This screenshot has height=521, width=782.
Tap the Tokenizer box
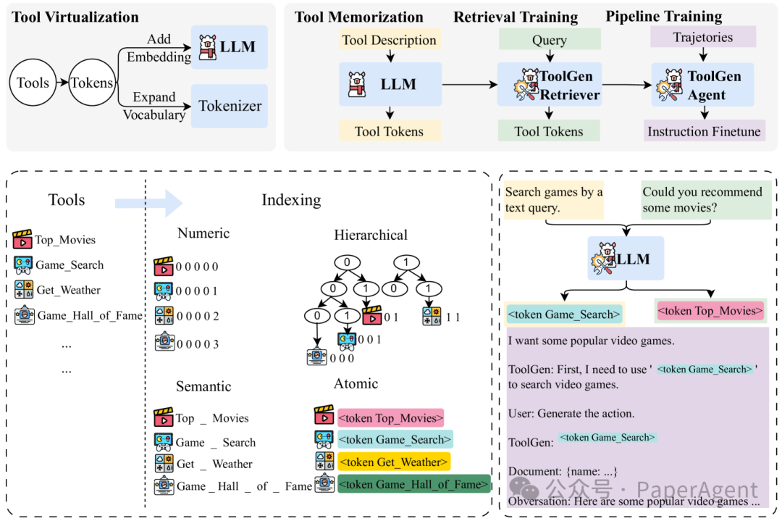point(230,106)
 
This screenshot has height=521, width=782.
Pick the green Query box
point(550,39)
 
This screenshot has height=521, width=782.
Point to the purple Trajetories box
point(703,37)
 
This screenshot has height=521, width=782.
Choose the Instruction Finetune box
point(705,131)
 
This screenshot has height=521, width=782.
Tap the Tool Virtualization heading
point(75,17)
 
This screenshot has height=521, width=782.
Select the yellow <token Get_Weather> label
point(394,462)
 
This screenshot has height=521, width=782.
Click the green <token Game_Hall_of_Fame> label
point(414,484)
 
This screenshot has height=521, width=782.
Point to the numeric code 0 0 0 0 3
point(198,344)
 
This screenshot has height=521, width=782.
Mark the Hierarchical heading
point(371,235)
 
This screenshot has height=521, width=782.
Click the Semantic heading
point(203,386)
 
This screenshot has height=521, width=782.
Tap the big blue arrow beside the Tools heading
point(149,203)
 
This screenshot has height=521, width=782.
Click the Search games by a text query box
point(554,199)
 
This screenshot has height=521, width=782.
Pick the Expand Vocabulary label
point(154,106)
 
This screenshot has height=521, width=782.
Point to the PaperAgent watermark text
point(697,490)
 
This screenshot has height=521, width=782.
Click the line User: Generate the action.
point(571,413)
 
